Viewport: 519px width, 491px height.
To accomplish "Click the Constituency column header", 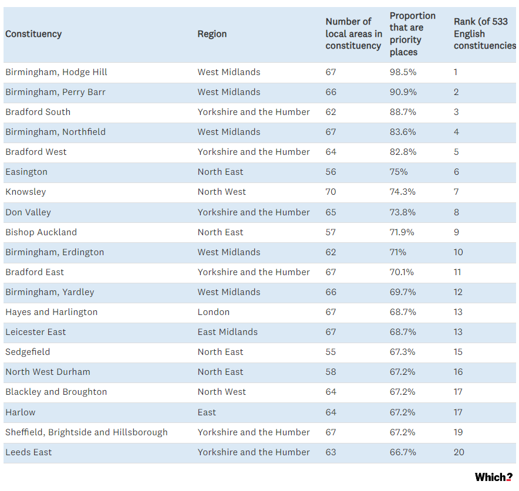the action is [33, 34].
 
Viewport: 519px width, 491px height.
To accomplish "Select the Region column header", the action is [212, 34].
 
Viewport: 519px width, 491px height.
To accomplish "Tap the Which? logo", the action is [493, 477].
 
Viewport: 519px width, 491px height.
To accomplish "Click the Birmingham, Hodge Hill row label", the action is [56, 72].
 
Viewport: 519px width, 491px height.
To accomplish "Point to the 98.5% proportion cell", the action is [403, 72].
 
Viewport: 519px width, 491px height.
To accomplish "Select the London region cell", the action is [214, 312].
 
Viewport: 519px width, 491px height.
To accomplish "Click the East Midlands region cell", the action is [227, 332].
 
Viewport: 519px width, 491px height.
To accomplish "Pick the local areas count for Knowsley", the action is [331, 192].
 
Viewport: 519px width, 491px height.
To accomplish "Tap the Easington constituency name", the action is [26, 172].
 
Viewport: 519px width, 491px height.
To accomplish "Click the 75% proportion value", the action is [399, 172].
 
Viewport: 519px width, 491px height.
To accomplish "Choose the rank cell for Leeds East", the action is [459, 452].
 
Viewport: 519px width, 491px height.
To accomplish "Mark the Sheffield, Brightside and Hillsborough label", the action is [86, 432].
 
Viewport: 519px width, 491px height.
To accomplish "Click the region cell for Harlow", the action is [207, 412].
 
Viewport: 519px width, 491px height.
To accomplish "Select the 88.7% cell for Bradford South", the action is [403, 112].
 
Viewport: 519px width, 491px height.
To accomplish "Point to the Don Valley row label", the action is [28, 212].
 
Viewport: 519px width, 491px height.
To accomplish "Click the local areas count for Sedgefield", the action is [331, 352].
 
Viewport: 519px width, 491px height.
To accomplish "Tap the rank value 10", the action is [458, 252].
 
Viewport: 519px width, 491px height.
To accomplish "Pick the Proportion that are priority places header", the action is [412, 33].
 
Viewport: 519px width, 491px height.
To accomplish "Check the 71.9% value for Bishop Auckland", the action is [402, 232].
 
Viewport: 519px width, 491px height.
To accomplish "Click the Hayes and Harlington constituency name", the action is [51, 312].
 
